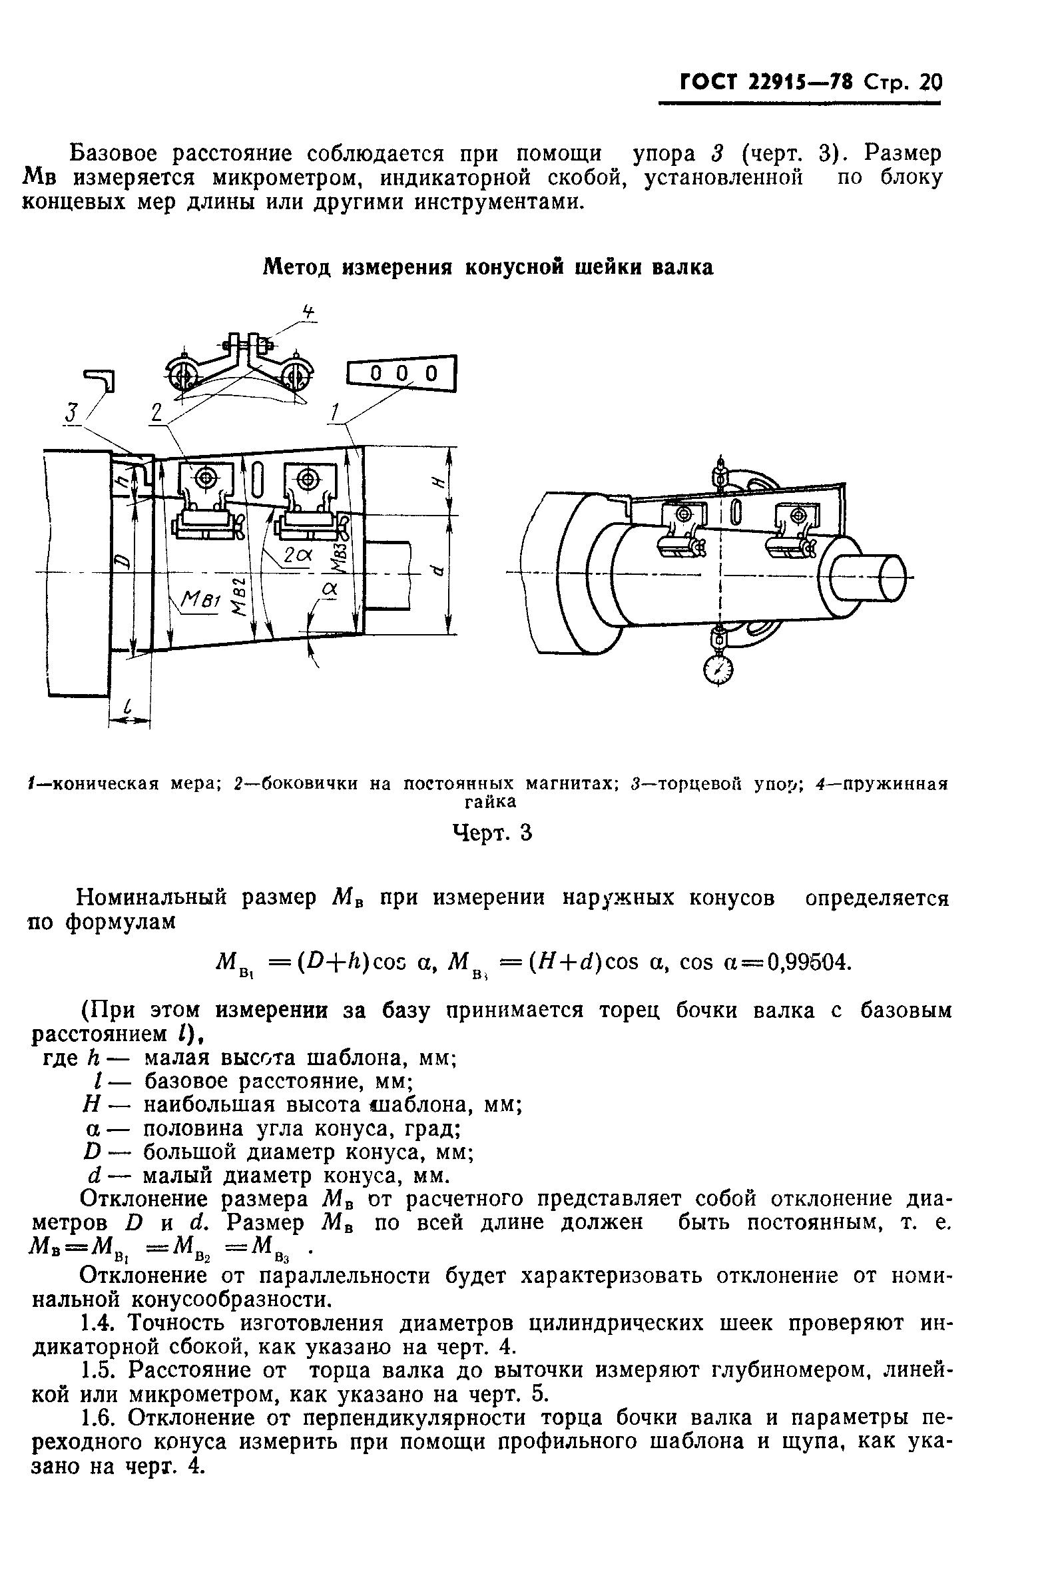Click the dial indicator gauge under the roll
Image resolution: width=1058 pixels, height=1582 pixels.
click(718, 670)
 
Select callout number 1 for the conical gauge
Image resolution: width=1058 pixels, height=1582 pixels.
click(335, 412)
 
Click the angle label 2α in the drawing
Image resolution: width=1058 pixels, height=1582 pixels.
click(297, 556)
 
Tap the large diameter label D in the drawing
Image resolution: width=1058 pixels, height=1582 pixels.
click(121, 560)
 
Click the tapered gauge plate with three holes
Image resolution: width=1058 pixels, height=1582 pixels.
click(402, 373)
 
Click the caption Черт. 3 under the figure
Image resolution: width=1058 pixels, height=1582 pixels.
click(491, 833)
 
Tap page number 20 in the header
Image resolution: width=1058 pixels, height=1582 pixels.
click(929, 83)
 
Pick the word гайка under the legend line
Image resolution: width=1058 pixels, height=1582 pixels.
click(490, 802)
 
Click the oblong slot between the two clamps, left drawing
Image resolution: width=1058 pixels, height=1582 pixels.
click(258, 481)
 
